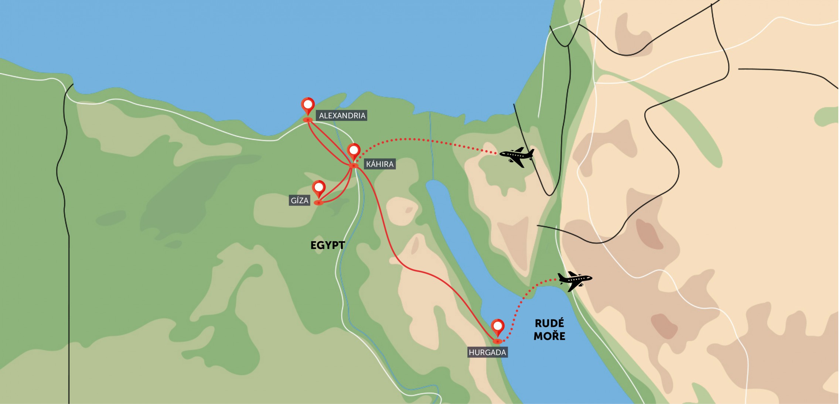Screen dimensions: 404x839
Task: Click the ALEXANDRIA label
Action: pyautogui.click(x=342, y=116)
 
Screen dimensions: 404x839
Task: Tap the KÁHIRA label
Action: pyautogui.click(x=380, y=164)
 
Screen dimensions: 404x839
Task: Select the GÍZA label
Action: pyautogui.click(x=299, y=201)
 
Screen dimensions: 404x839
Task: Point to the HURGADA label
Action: pyautogui.click(x=487, y=352)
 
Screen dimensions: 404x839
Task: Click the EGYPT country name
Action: pyautogui.click(x=327, y=245)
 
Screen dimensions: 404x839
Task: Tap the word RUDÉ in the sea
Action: pyautogui.click(x=549, y=323)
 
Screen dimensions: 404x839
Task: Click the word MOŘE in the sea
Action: pyautogui.click(x=549, y=336)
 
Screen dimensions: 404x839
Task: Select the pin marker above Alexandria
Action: pyautogui.click(x=308, y=105)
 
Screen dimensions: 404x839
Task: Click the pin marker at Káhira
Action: pyautogui.click(x=354, y=151)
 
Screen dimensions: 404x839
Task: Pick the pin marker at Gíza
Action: pyautogui.click(x=318, y=188)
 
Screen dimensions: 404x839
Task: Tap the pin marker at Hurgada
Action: pyautogui.click(x=497, y=326)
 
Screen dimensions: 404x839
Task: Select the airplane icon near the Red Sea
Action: pyautogui.click(x=574, y=280)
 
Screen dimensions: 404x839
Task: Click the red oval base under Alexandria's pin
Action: pyautogui.click(x=307, y=120)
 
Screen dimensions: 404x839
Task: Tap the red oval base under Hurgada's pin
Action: pyautogui.click(x=497, y=341)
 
